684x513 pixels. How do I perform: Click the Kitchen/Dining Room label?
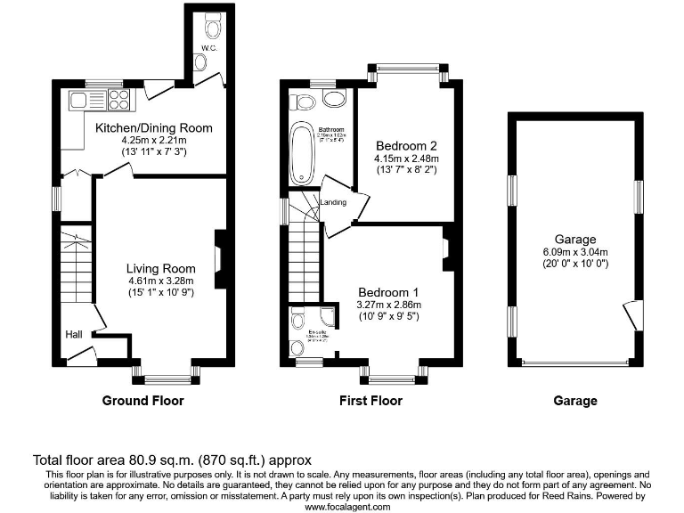[154, 128]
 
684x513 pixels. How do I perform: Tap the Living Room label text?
[160, 268]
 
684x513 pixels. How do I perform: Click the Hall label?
[73, 334]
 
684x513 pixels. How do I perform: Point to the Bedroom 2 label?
[406, 145]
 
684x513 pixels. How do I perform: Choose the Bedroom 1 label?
[388, 292]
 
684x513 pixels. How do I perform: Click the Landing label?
[334, 202]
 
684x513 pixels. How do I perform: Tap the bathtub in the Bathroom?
[301, 152]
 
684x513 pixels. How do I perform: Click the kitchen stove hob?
[119, 97]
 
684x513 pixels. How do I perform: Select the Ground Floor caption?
[142, 401]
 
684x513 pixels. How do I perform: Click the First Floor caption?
[370, 401]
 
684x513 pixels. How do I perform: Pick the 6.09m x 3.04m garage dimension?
[575, 251]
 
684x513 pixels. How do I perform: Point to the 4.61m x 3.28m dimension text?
[160, 281]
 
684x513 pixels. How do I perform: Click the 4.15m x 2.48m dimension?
[406, 159]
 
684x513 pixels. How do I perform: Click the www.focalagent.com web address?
[347, 506]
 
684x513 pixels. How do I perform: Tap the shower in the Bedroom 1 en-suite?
[327, 321]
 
